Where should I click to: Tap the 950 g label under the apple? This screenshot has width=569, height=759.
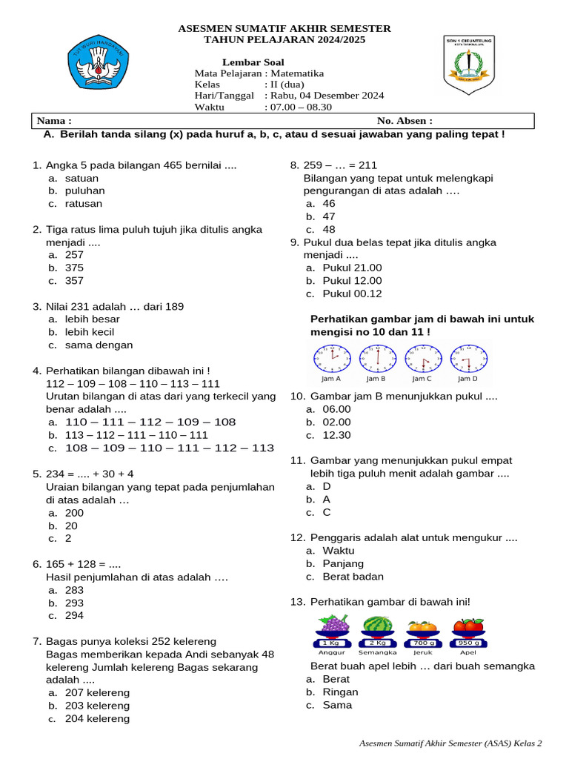point(468,642)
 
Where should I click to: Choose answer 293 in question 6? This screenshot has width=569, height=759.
point(74,603)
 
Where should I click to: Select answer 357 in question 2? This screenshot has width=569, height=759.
point(74,281)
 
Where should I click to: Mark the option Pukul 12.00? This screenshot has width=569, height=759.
point(352,281)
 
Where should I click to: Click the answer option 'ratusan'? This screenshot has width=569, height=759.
point(84,204)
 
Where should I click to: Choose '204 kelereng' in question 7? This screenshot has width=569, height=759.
point(97,718)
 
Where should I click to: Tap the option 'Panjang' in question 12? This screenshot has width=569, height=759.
point(343,564)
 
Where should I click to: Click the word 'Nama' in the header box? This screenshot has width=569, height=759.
point(54,121)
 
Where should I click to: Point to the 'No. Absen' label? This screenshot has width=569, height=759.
point(405,121)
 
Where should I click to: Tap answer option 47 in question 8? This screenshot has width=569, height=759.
point(329,216)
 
